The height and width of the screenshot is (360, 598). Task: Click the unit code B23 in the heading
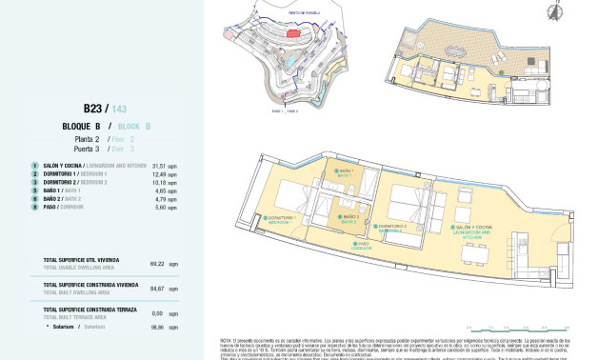[93, 109]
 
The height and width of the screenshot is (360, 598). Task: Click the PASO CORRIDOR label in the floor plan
[362, 245]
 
